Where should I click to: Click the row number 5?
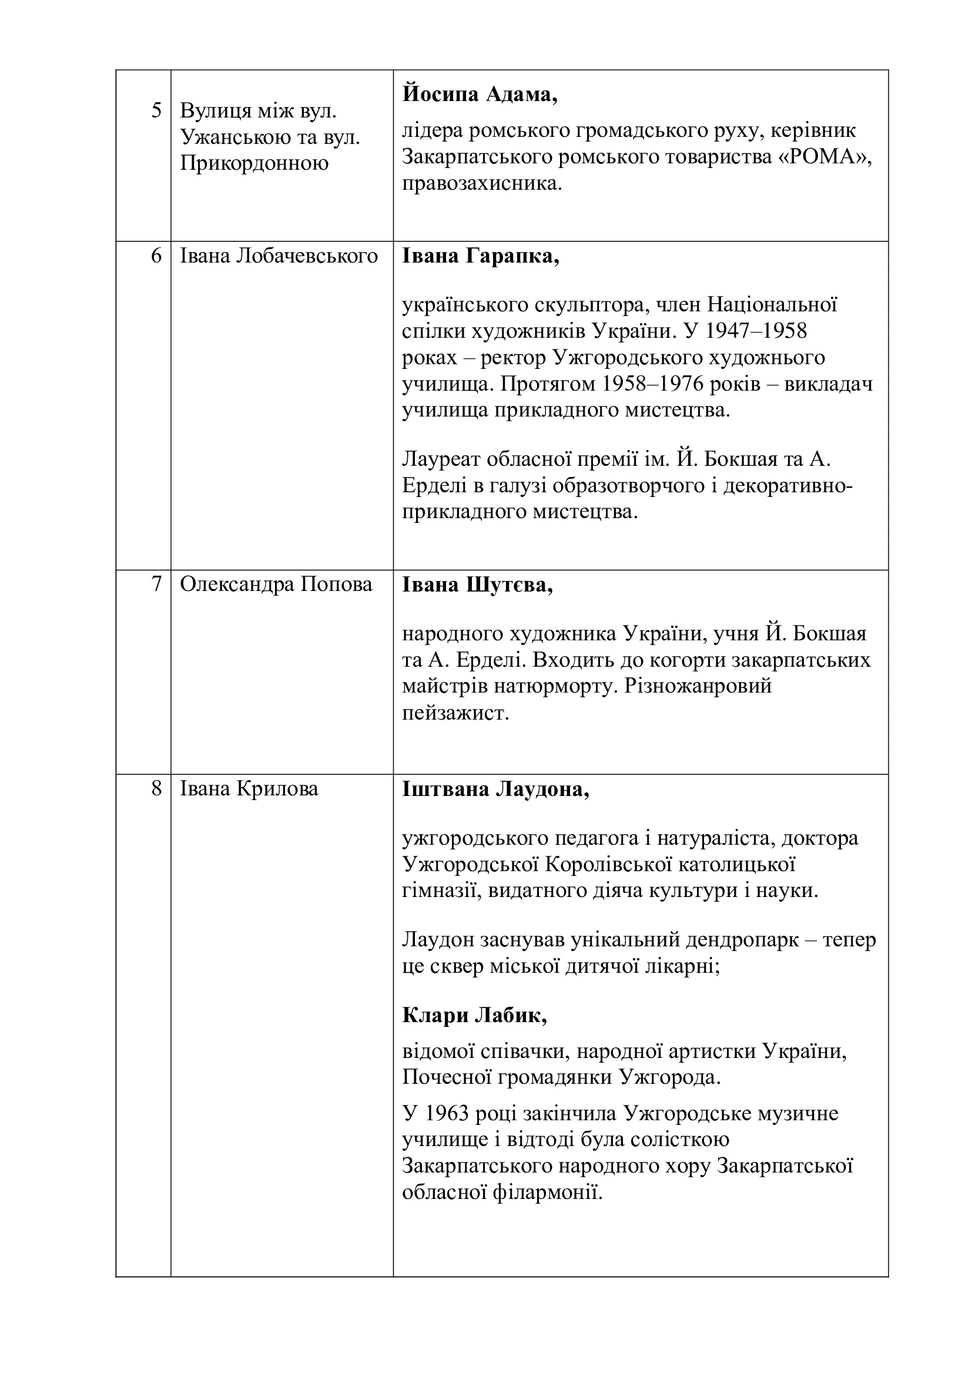pos(156,110)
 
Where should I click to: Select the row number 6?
pos(156,256)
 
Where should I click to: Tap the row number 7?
pos(157,584)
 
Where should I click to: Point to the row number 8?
pos(156,789)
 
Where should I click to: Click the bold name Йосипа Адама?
pos(480,95)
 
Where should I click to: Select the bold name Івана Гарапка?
pos(481,257)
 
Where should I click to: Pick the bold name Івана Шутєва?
pos(477,584)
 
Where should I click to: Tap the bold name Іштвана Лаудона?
pos(495,790)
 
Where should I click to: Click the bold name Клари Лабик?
pos(475,1015)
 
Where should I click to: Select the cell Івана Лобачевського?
pos(279,256)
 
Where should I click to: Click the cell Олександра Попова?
pos(276,584)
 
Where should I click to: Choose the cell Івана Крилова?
pos(249,789)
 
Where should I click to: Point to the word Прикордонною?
pos(254,163)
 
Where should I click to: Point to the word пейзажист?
pos(455,713)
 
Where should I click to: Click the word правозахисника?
pos(482,183)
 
